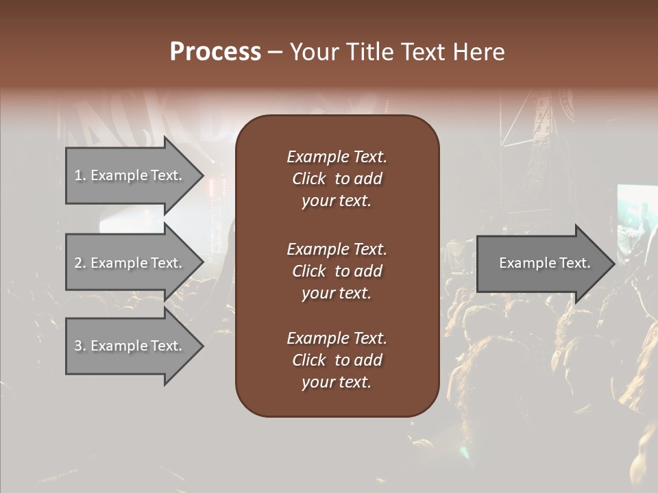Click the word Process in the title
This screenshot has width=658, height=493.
(215, 52)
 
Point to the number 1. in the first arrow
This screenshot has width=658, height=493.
(80, 175)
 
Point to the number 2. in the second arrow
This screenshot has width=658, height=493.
(80, 263)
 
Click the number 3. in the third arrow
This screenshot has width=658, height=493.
(80, 346)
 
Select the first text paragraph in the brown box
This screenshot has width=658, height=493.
(337, 179)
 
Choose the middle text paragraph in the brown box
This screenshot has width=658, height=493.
(337, 271)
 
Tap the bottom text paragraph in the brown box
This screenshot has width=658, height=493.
(337, 360)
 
